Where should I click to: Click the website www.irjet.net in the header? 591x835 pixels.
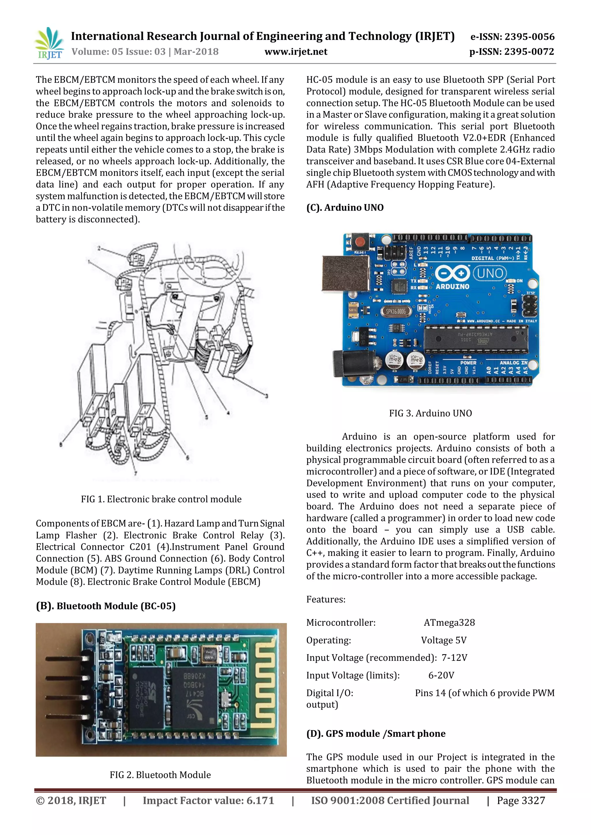point(295,52)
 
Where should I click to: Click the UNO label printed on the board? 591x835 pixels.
point(490,273)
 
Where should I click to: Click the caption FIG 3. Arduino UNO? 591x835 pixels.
point(430,413)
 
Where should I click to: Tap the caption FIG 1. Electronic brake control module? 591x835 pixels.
point(161,499)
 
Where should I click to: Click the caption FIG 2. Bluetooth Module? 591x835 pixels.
point(160,775)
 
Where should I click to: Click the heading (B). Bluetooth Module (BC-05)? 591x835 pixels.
point(106,606)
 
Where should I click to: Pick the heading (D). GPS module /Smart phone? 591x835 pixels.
point(375,734)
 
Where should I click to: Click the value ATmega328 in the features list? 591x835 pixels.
point(449,623)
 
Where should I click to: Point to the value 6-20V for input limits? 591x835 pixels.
point(441,675)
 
